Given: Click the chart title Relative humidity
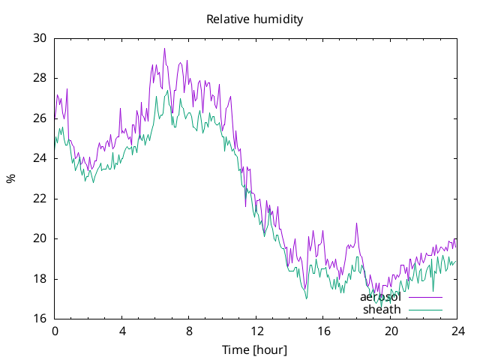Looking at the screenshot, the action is (x=255, y=19).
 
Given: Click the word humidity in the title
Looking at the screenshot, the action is (x=278, y=19).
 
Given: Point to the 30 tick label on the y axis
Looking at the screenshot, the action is (x=40, y=38).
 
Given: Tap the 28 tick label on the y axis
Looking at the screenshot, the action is (x=40, y=78).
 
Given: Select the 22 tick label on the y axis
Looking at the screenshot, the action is (x=40, y=199).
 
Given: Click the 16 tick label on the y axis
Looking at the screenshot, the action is (x=40, y=319).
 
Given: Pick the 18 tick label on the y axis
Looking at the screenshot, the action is (x=40, y=279).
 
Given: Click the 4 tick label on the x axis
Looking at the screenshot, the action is (x=122, y=331).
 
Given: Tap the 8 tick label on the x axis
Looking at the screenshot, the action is (x=189, y=331).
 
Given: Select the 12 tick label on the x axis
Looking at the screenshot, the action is (x=256, y=331).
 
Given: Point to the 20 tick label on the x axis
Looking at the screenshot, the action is (x=391, y=331).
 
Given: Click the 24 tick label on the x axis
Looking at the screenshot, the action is (x=458, y=331).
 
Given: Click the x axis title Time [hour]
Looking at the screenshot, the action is (x=255, y=350).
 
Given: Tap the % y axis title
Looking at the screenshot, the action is (x=11, y=178).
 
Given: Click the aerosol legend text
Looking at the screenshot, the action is (x=380, y=297).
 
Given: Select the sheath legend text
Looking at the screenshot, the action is (x=382, y=310).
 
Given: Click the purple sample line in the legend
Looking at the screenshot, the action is (x=425, y=297).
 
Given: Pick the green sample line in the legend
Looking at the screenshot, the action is (x=425, y=310).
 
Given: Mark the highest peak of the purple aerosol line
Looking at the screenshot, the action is (x=164, y=48).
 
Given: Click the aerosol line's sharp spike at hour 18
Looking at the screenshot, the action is (x=356, y=223).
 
